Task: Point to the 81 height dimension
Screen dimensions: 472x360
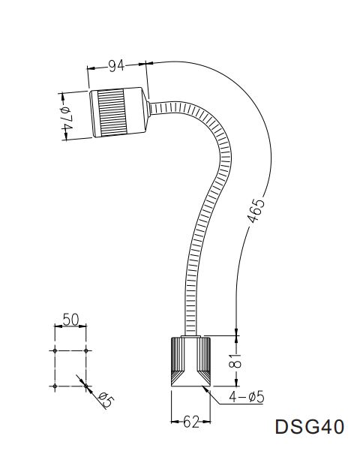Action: pos(238,360)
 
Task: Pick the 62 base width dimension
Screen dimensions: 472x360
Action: pos(191,422)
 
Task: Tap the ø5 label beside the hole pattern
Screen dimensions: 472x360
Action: pos(104,401)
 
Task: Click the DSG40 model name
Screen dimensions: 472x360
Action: pos(310,428)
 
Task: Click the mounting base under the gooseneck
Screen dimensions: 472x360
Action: pos(190,361)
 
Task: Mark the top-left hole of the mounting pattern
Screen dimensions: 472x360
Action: pos(55,350)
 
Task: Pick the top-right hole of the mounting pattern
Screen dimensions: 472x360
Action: pos(87,350)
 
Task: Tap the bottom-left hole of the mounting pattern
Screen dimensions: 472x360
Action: pos(55,385)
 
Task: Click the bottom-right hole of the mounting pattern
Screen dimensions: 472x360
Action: pos(87,385)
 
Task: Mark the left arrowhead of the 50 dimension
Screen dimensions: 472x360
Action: pos(58,327)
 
